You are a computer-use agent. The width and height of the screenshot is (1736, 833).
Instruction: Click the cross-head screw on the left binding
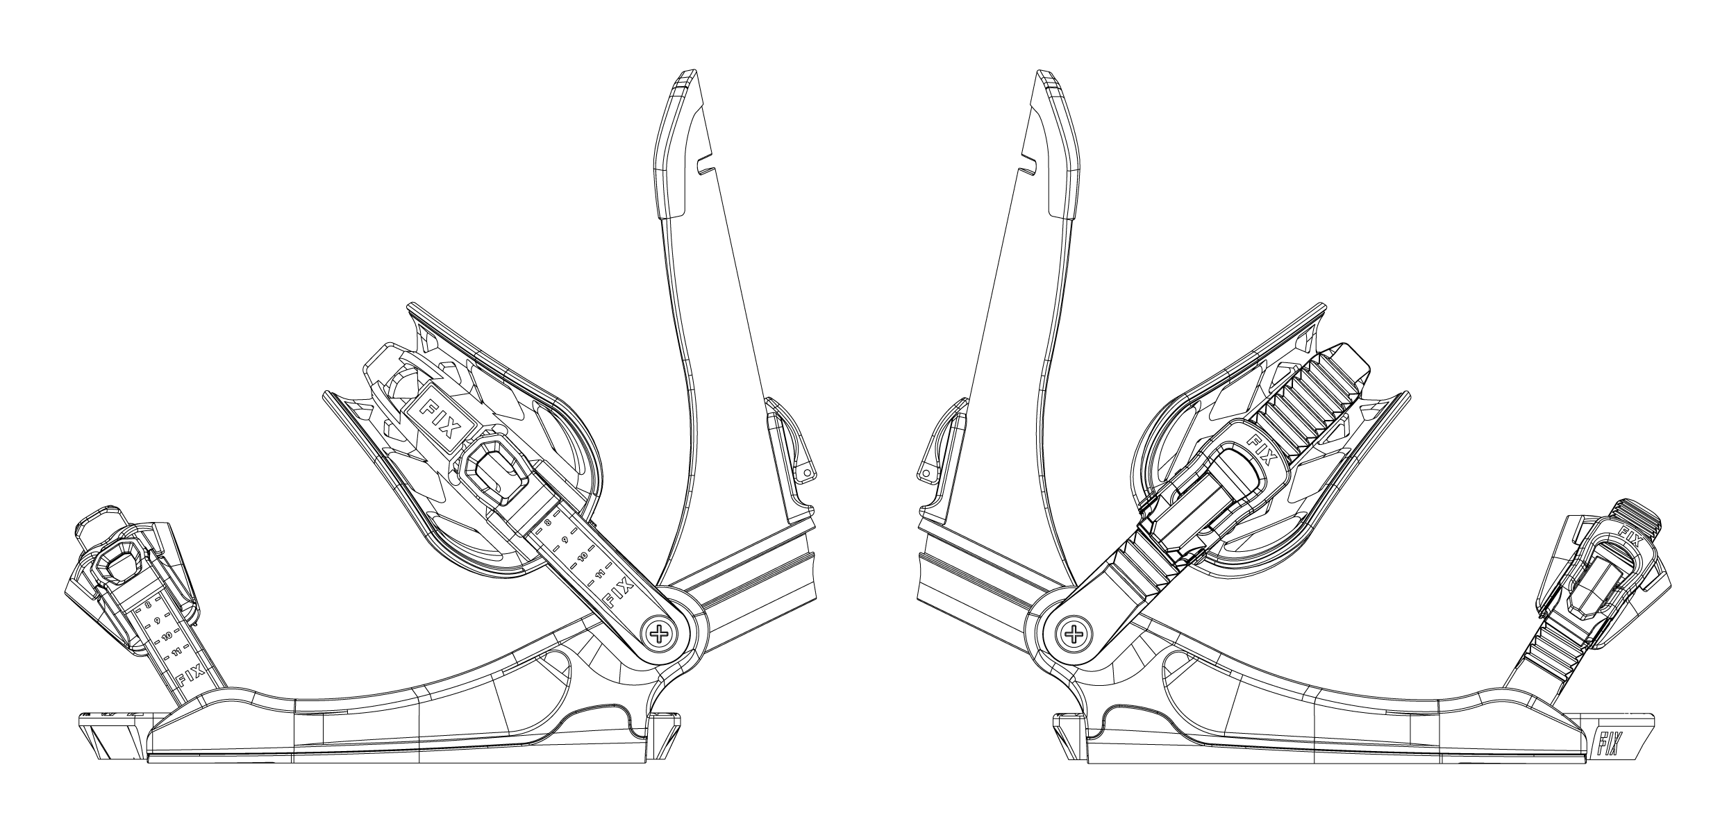click(x=658, y=632)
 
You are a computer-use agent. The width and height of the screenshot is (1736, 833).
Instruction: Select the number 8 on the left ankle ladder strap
click(x=548, y=522)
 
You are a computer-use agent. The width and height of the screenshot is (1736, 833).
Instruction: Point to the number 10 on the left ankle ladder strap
click(x=583, y=556)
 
